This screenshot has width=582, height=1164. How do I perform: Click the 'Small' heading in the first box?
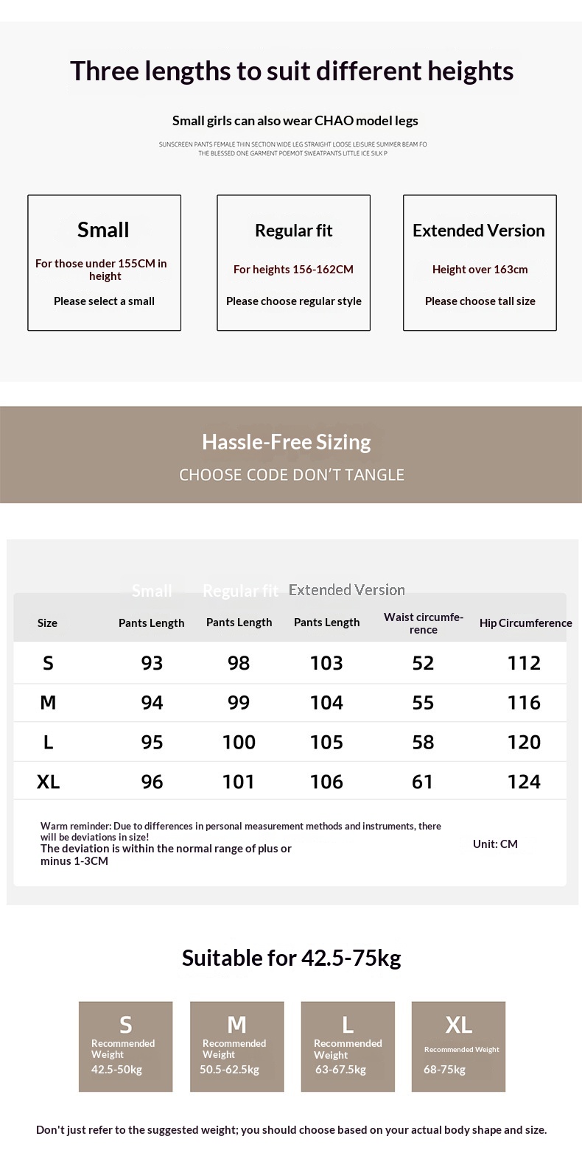pos(103,230)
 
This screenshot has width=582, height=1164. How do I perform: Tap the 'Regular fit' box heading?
pos(293,231)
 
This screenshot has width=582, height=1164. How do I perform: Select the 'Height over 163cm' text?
pos(480,269)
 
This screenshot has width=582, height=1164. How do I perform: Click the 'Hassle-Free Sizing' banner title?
pos(287,442)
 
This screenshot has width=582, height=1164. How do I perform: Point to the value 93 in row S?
pos(152,663)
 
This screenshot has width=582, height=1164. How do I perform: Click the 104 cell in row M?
pos(326,703)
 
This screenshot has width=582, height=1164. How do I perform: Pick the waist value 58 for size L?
pos(423,743)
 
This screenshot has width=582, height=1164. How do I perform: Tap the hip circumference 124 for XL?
pos(524,782)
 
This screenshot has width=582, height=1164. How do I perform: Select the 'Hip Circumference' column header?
pos(525,623)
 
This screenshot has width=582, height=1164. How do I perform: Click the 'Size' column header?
pos(47,623)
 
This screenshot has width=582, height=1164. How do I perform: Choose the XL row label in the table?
pos(48,782)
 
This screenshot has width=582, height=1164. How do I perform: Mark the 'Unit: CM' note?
pos(495,844)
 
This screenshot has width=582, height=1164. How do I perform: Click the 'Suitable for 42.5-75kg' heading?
pos(292,958)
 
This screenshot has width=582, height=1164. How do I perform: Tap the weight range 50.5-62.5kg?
pos(229,1070)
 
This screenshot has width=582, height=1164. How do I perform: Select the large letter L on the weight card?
pos(348,1025)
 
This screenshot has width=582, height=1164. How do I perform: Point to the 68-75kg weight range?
pos(444,1070)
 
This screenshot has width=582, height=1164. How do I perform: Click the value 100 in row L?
pos(239,743)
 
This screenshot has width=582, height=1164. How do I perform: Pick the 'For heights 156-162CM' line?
pos(293,269)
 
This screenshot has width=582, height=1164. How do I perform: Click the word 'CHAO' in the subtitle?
pos(334,121)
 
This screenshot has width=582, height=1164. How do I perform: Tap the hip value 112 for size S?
pos(524,663)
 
